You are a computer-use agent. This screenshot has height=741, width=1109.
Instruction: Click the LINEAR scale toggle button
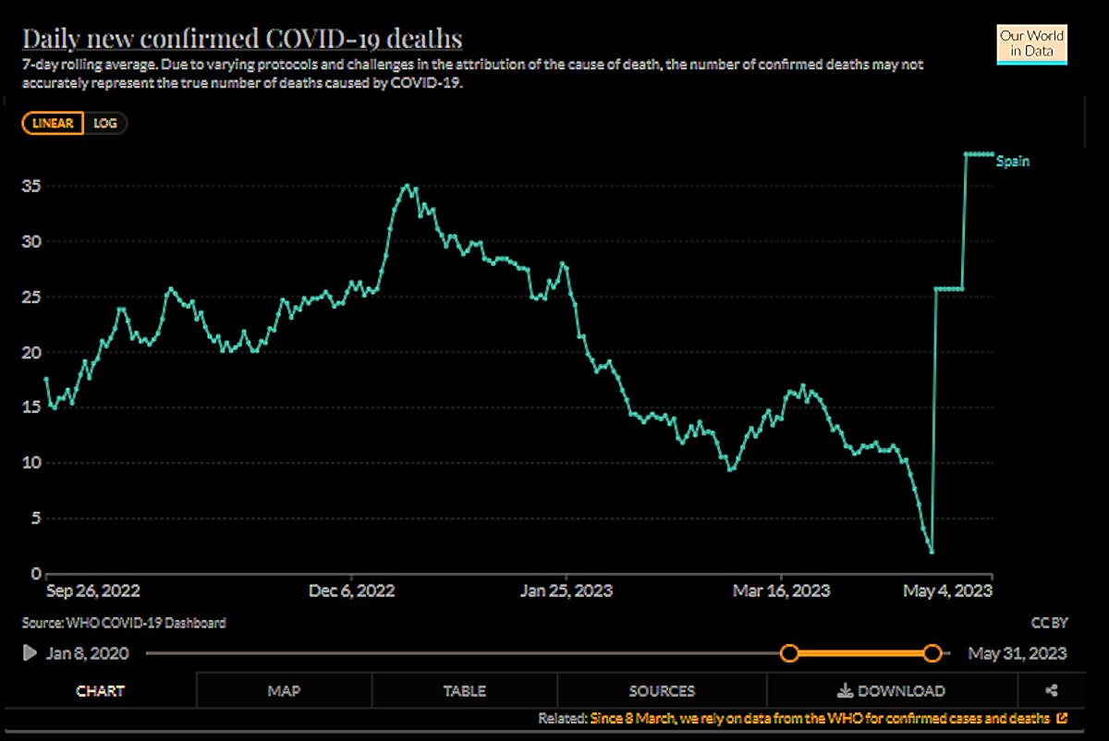[x=53, y=123]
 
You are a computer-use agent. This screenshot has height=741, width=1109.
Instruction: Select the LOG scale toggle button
[x=105, y=123]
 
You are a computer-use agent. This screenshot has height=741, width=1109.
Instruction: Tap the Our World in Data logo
[x=1031, y=43]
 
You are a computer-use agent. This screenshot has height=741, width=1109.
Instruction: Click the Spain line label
[x=1012, y=161]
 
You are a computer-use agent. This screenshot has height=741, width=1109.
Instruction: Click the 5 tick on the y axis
[x=38, y=517]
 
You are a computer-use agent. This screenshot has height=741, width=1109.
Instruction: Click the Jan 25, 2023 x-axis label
[x=567, y=590]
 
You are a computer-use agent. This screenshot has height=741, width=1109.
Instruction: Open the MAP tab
[x=284, y=690]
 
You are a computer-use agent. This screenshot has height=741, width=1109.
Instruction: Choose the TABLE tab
[x=464, y=690]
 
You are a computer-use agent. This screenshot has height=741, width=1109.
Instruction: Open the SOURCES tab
[x=662, y=690]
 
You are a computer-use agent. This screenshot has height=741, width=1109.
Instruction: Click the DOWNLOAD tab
[x=891, y=690]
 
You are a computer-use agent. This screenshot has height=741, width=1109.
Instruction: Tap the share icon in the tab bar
[x=1051, y=690]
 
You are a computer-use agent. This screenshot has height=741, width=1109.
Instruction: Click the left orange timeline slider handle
[x=789, y=653]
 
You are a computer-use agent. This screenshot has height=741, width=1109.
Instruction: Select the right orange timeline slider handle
[x=932, y=653]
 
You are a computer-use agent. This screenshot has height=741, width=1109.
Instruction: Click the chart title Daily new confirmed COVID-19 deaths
[x=242, y=40]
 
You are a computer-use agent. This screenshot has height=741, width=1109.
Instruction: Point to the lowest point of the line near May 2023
[x=932, y=552]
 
